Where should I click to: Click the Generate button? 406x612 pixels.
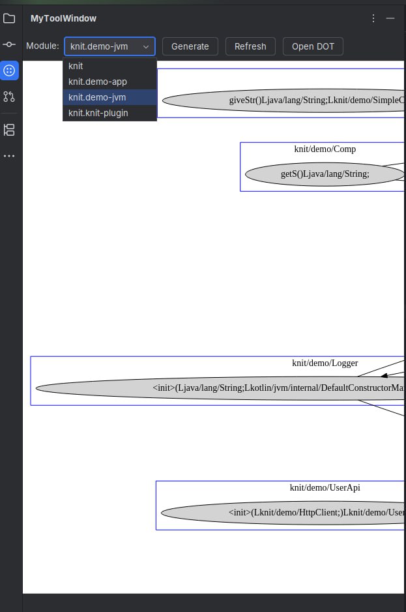pyautogui.click(x=190, y=46)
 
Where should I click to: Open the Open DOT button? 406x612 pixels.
pyautogui.click(x=313, y=46)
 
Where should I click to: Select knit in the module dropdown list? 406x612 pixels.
pyautogui.click(x=76, y=66)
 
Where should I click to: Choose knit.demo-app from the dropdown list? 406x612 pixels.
pyautogui.click(x=98, y=82)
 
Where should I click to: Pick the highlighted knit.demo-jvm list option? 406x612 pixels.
pyautogui.click(x=97, y=97)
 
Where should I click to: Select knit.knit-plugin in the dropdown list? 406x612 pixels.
pyautogui.click(x=98, y=113)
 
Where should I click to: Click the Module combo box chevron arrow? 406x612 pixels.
pyautogui.click(x=146, y=46)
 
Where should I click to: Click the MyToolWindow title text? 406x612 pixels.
pyautogui.click(x=63, y=18)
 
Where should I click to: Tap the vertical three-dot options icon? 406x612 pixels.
pyautogui.click(x=373, y=18)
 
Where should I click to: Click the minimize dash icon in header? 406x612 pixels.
pyautogui.click(x=390, y=18)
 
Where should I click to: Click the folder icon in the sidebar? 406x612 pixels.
pyautogui.click(x=9, y=18)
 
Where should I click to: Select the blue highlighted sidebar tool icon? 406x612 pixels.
pyautogui.click(x=9, y=70)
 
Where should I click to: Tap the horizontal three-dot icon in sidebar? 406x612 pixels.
pyautogui.click(x=9, y=156)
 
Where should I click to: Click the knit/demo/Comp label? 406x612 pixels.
pyautogui.click(x=325, y=149)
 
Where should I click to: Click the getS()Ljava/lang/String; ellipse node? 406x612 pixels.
pyautogui.click(x=325, y=174)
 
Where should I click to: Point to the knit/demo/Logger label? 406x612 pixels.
pyautogui.click(x=325, y=363)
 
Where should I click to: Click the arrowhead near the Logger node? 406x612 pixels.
pyautogui.click(x=384, y=375)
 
